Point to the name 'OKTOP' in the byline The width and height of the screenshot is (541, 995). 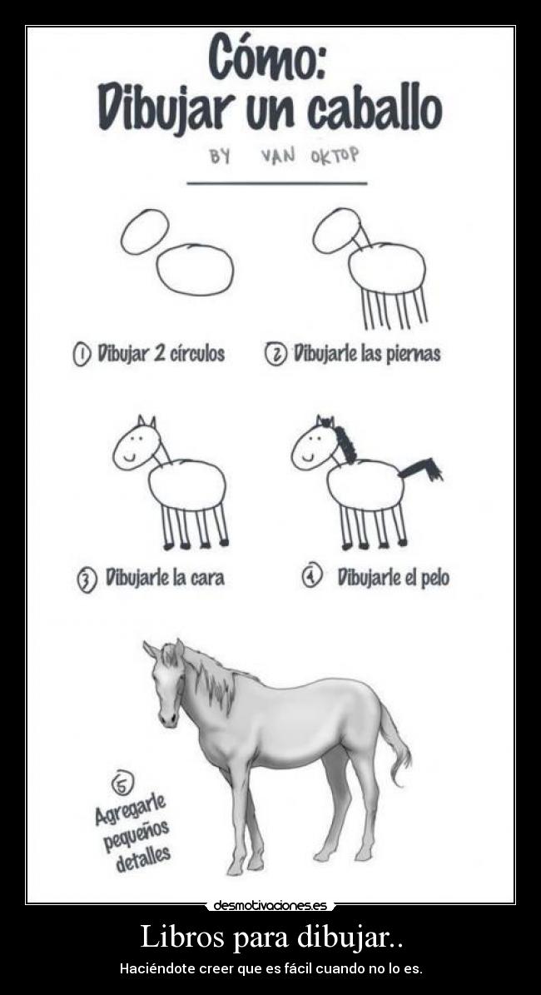pyautogui.click(x=335, y=155)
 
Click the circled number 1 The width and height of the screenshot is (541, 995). pyautogui.click(x=82, y=354)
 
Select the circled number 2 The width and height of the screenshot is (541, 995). pyautogui.click(x=275, y=353)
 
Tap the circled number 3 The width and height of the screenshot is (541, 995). pyautogui.click(x=87, y=580)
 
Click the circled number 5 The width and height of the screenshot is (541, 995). pyautogui.click(x=122, y=784)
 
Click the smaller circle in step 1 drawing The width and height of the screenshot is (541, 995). pyautogui.click(x=145, y=231)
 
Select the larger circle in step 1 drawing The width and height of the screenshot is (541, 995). pyautogui.click(x=195, y=270)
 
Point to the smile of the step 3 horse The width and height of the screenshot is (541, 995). pyautogui.click(x=130, y=455)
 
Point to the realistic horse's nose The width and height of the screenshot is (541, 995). pyautogui.click(x=168, y=718)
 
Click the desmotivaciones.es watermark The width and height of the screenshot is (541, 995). pyautogui.click(x=270, y=906)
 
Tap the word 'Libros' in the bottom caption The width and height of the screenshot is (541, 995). pyautogui.click(x=184, y=937)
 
